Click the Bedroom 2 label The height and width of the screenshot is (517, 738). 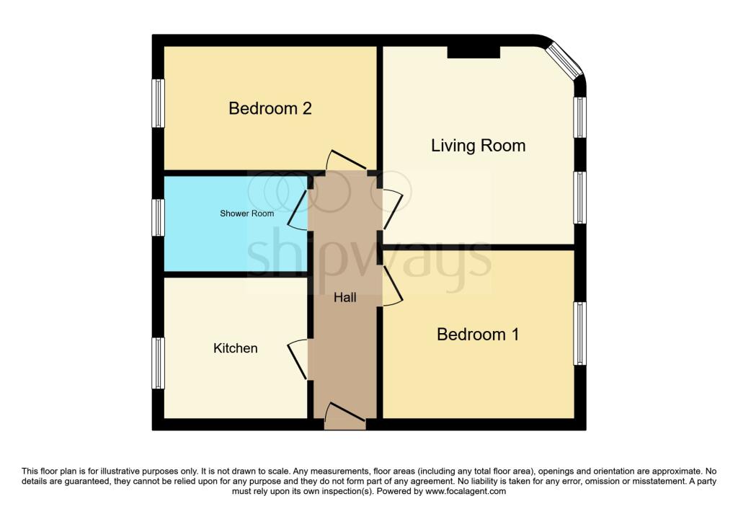point(270,108)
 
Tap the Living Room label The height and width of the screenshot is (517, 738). point(479,146)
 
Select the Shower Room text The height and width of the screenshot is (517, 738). point(246,213)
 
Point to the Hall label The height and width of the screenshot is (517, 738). point(345,297)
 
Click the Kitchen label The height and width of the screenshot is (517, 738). point(236,348)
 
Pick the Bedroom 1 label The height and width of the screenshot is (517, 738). point(478,335)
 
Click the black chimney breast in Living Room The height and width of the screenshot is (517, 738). point(474,52)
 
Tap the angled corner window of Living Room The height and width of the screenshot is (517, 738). point(566,61)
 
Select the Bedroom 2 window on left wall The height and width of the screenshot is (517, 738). point(158,103)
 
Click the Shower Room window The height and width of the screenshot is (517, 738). point(158,218)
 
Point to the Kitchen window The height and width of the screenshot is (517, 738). point(158,363)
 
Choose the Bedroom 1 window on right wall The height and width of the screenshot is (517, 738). point(580,333)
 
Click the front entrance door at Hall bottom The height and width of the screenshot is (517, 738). point(345,416)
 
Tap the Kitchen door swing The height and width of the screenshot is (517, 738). point(298,359)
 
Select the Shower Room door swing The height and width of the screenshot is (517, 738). point(298,210)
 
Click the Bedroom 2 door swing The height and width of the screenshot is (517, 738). point(347,160)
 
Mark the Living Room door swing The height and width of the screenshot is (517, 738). point(393,209)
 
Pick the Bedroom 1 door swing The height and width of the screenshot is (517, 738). point(393,286)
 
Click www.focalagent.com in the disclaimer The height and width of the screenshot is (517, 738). point(466,491)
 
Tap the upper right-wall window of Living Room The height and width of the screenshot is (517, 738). point(580,118)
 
